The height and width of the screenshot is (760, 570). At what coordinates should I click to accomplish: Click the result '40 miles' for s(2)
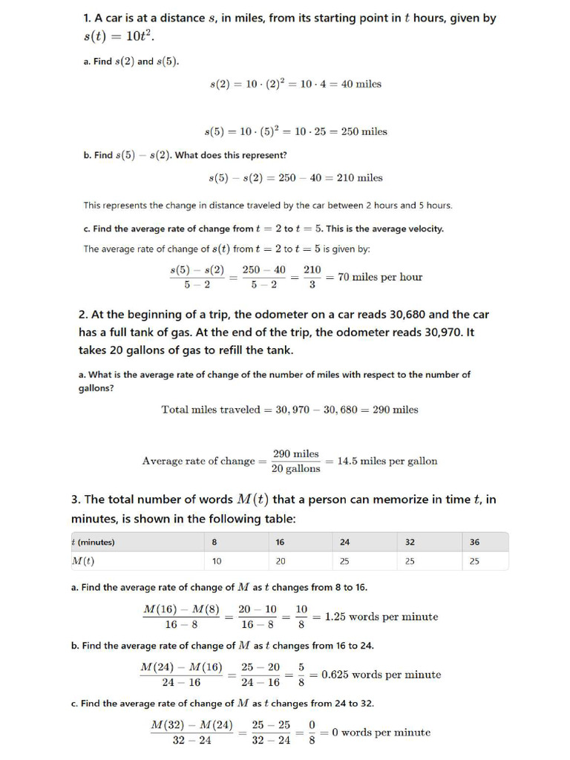click(x=361, y=84)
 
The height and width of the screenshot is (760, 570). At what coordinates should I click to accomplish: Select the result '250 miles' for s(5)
click(x=364, y=131)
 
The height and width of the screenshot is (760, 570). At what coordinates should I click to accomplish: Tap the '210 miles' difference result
click(x=359, y=177)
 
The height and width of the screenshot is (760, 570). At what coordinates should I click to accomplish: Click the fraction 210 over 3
click(x=312, y=277)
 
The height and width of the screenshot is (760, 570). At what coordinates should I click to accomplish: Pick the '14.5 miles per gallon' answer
click(x=387, y=461)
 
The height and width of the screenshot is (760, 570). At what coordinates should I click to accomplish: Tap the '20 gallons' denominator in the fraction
click(x=296, y=468)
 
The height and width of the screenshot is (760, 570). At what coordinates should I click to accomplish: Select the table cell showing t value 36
click(x=475, y=542)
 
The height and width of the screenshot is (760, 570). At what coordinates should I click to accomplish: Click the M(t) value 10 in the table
click(x=217, y=561)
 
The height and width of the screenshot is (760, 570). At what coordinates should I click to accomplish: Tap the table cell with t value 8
click(x=214, y=542)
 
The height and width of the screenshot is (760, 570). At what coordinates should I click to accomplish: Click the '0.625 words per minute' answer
click(x=381, y=675)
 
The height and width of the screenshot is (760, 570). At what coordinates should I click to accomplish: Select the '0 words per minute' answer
click(x=381, y=733)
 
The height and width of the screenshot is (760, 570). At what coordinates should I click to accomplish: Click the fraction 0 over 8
click(x=312, y=733)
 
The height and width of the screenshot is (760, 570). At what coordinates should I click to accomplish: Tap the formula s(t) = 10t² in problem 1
click(x=119, y=37)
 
